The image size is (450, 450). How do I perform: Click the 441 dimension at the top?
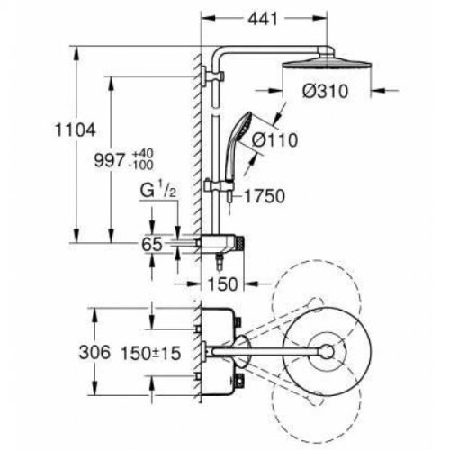click(263, 20)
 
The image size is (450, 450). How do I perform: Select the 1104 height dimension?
click(76, 130)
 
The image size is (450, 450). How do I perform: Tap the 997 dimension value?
click(109, 160)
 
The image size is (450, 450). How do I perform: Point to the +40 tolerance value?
click(143, 153)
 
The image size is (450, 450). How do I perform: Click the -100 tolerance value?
click(142, 165)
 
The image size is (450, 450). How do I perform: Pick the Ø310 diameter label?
click(326, 91)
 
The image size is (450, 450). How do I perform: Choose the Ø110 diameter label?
click(274, 139)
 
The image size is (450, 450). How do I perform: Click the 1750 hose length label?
click(265, 196)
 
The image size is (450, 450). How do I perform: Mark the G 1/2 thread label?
click(158, 190)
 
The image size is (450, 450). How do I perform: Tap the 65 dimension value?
click(152, 244)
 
